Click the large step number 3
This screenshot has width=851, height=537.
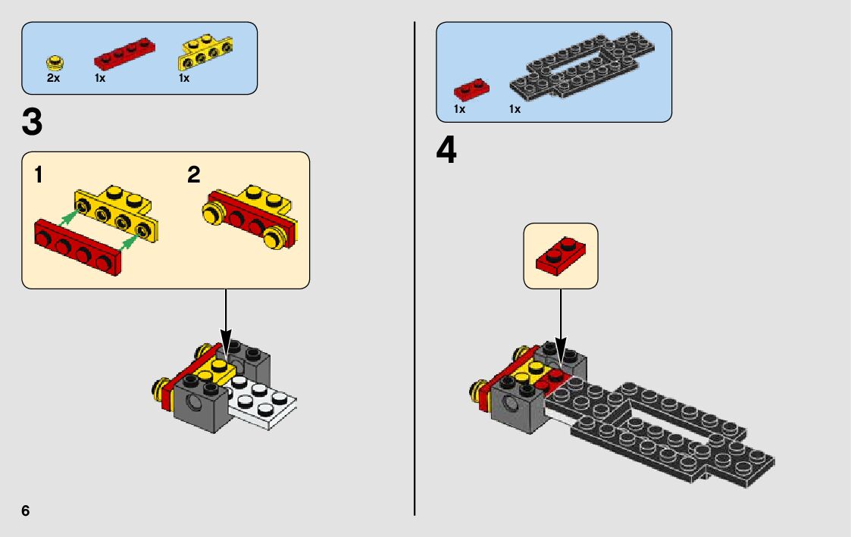point(33,123)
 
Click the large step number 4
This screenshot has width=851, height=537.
point(447,150)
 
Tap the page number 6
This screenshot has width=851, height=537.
point(26,510)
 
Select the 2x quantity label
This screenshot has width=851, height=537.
point(53,78)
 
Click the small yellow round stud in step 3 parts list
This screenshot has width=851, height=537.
point(53,61)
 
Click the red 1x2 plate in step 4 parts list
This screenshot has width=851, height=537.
point(471,89)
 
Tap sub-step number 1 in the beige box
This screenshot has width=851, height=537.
point(39,176)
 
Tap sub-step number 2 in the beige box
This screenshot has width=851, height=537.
point(194,176)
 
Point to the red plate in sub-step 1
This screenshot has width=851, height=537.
point(78,248)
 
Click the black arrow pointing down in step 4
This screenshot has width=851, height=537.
point(561,322)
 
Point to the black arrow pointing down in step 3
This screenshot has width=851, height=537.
point(226,318)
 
